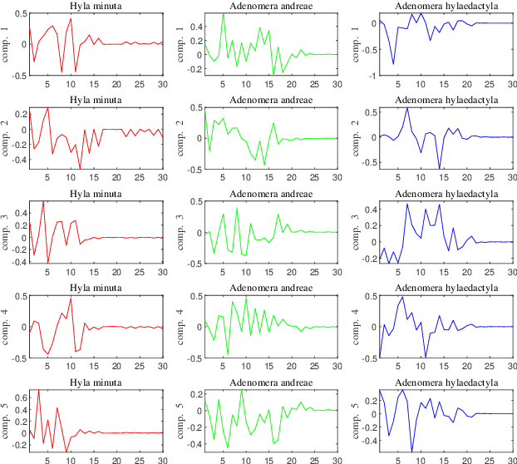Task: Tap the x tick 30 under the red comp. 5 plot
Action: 163,459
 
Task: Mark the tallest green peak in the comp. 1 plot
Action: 223,13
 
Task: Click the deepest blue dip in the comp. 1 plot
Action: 394,64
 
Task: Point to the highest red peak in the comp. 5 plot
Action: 38,389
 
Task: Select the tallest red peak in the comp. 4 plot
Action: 71,299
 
